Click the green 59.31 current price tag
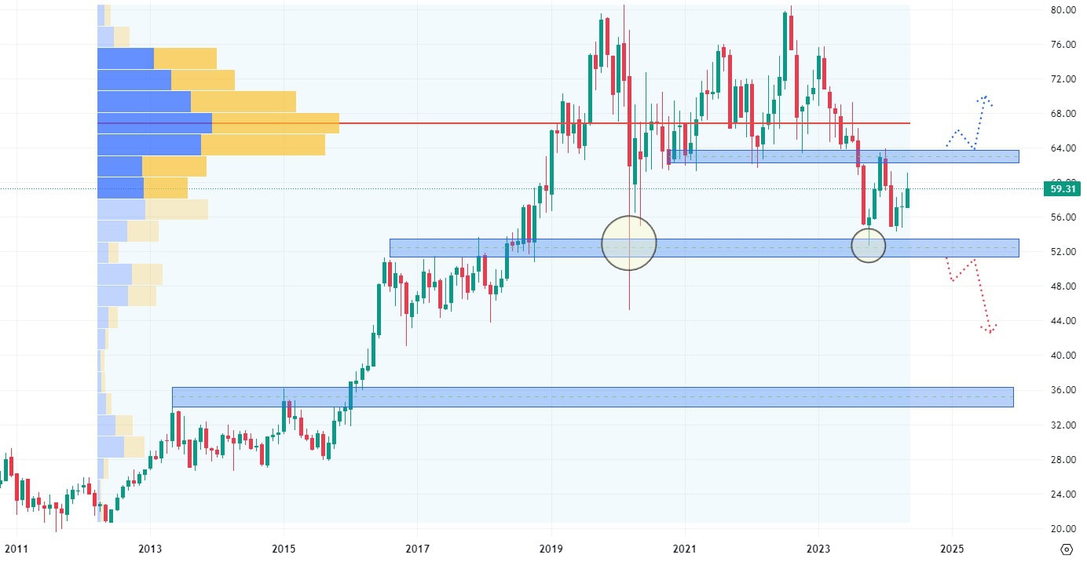click(x=1060, y=188)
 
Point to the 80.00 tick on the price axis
click(x=1063, y=10)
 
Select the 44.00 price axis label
click(x=1063, y=321)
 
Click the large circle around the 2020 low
click(x=628, y=243)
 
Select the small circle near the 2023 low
click(x=868, y=246)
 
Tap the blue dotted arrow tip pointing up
click(x=983, y=98)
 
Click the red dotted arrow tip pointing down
click(x=990, y=330)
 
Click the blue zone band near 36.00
click(x=592, y=396)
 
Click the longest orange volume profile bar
click(x=275, y=123)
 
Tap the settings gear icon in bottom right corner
click(x=1067, y=549)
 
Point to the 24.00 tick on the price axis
click(x=1063, y=494)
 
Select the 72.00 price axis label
click(x=1063, y=79)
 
